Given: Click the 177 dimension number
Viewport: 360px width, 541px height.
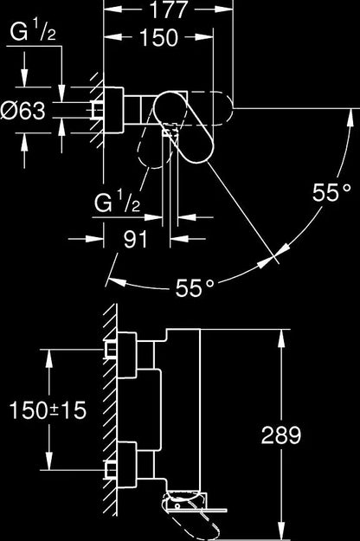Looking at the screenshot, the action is coord(168,10).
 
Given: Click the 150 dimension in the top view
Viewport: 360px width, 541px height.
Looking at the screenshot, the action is coord(159,37).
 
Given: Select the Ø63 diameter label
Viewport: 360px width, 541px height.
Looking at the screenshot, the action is coord(22,111).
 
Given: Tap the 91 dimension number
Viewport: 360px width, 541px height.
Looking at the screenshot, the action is coord(136,239).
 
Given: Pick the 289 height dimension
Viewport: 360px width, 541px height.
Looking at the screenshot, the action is coord(281,435).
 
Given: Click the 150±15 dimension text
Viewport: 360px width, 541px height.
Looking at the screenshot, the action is coord(48,410).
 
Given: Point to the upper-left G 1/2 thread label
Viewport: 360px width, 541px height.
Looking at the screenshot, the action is coord(33,32).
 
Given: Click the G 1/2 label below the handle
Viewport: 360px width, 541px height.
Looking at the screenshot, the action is coord(117,202).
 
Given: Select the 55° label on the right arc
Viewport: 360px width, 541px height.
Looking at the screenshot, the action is coord(332,192).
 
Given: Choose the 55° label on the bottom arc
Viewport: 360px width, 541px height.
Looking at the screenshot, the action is coord(195,287).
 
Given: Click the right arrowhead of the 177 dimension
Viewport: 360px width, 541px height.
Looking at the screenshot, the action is coord(224,9).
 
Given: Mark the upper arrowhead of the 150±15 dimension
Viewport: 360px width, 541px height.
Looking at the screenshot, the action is coord(49,358).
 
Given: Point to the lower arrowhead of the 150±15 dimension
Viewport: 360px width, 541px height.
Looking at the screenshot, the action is coord(49,460).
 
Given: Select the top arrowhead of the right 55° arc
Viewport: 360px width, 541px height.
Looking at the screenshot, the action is coord(350,118).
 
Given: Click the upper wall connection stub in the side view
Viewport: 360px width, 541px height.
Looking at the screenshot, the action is coord(111,350).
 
